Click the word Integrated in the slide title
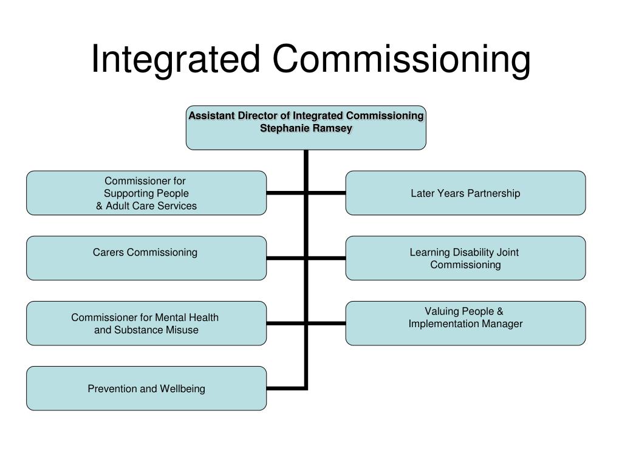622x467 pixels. [176, 60]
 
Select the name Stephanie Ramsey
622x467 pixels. [306, 128]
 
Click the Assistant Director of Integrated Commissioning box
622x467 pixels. [306, 139]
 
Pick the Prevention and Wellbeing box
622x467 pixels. [146, 398]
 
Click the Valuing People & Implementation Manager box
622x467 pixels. [466, 335]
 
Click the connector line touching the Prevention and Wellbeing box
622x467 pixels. [285, 388]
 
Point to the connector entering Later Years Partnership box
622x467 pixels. [327, 193]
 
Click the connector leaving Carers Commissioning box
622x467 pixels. [285, 258]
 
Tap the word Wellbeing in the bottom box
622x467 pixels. [183, 389]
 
